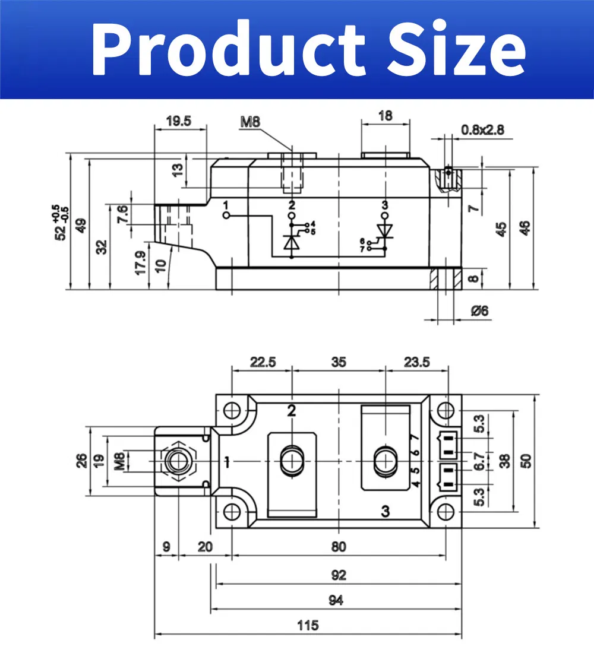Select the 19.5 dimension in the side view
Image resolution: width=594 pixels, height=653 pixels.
point(179,121)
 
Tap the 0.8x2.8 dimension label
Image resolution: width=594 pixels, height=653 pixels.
point(482,129)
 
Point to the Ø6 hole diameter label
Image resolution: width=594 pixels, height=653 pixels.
point(479,310)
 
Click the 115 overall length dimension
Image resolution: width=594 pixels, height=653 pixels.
point(308,626)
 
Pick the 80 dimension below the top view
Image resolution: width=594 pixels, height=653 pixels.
point(338,547)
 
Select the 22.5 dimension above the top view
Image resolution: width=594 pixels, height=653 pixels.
point(263,362)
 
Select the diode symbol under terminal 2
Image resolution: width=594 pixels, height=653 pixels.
point(291,242)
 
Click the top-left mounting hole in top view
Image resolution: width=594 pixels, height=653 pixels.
point(232,410)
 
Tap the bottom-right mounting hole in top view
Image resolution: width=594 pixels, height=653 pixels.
point(445,512)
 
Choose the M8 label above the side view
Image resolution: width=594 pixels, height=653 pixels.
point(250,123)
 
